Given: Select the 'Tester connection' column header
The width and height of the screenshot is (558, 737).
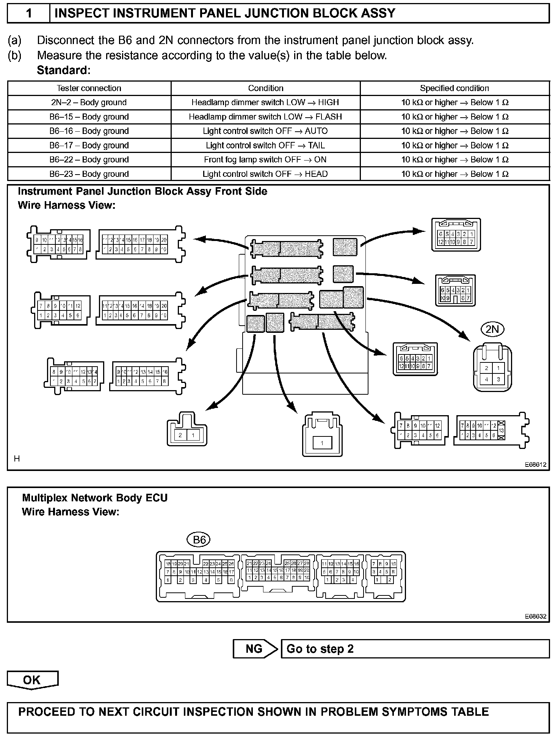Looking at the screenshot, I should [x=89, y=88].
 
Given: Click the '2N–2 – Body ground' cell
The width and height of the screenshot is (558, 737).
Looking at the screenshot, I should [x=89, y=102].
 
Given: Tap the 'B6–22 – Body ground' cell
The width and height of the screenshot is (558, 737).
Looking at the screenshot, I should [x=89, y=160].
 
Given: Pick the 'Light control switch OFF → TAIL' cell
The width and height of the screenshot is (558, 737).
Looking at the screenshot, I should [x=265, y=145].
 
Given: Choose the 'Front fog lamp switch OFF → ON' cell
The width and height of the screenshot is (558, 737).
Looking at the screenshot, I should [x=265, y=160].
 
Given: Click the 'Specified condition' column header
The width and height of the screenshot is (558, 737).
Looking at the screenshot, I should [x=455, y=88].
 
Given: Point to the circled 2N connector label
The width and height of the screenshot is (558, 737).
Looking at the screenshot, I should [x=492, y=329].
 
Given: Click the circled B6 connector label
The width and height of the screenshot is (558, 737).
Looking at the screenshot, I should [x=199, y=539].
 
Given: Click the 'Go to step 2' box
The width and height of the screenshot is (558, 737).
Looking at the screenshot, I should [x=415, y=649].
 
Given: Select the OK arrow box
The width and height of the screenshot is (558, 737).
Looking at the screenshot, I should [x=32, y=680].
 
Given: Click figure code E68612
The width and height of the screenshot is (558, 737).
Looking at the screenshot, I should [x=536, y=465].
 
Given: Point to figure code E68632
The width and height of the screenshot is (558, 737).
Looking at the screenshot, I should [x=536, y=616].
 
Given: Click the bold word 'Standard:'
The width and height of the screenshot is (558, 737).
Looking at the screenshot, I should [x=64, y=71].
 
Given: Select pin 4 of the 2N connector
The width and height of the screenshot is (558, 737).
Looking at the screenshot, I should [x=486, y=379].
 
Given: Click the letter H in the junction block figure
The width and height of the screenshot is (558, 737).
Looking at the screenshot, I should [x=17, y=459].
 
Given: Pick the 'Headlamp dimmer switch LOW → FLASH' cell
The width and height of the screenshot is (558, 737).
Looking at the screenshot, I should [x=265, y=117].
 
